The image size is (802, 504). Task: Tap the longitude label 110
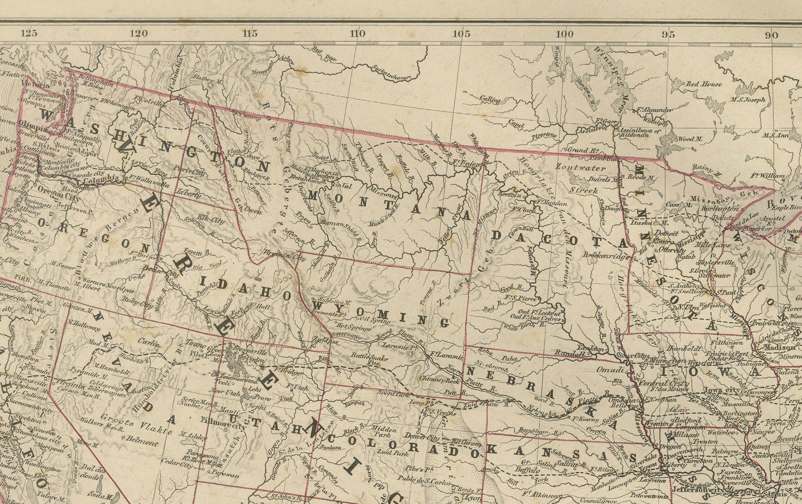pyautogui.click(x=357, y=34)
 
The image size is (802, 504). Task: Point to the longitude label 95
pyautogui.click(x=668, y=34)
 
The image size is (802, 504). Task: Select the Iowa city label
pyautogui.click(x=722, y=390)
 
